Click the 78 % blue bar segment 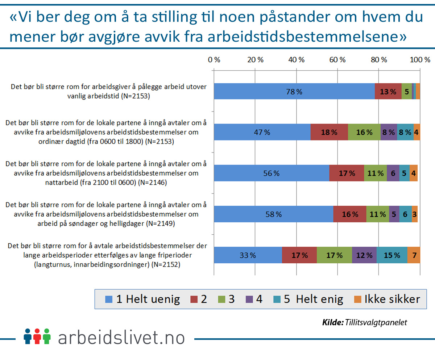pos(294,91)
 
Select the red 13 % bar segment pos(388,91)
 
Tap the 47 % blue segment pos(262,132)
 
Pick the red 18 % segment pos(329,132)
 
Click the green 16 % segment pos(364,132)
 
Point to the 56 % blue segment pos(271,173)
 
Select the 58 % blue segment pos(273,214)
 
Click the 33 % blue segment pos(248,255)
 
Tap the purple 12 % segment pos(364,255)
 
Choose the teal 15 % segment pos(392,255)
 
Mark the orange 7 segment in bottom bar pos(414,255)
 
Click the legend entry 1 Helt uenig pos(142,299)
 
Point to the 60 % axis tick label pos(337,60)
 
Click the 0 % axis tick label pos(214,60)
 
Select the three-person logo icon pos(37,336)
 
